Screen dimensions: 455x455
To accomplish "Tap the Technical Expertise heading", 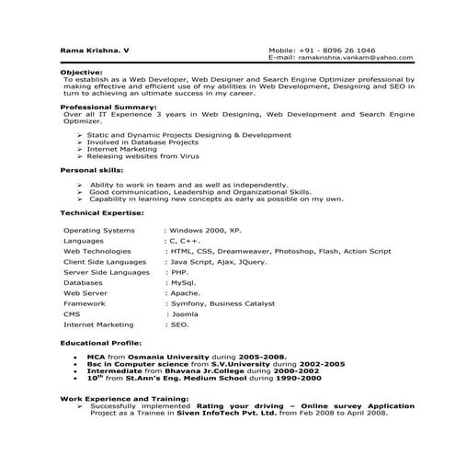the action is pyautogui.click(x=102, y=212).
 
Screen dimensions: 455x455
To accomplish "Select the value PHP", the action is pyautogui.click(x=180, y=272).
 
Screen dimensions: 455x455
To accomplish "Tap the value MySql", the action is pyautogui.click(x=184, y=283).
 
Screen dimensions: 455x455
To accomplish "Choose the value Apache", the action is pyautogui.click(x=186, y=293).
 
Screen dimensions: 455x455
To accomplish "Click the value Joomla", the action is pyautogui.click(x=187, y=314).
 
